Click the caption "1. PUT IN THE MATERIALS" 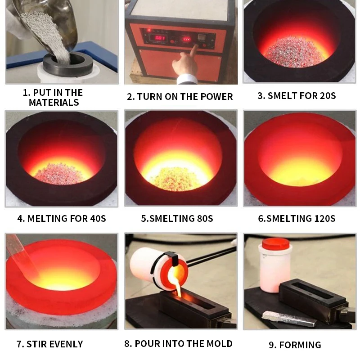[53, 98]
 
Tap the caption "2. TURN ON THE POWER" [180, 97]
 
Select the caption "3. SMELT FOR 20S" [297, 96]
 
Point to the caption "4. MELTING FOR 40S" [62, 219]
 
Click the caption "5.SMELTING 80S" [177, 219]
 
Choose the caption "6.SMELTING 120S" [297, 219]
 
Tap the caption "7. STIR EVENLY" [50, 344]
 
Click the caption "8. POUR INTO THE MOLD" [179, 344]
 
